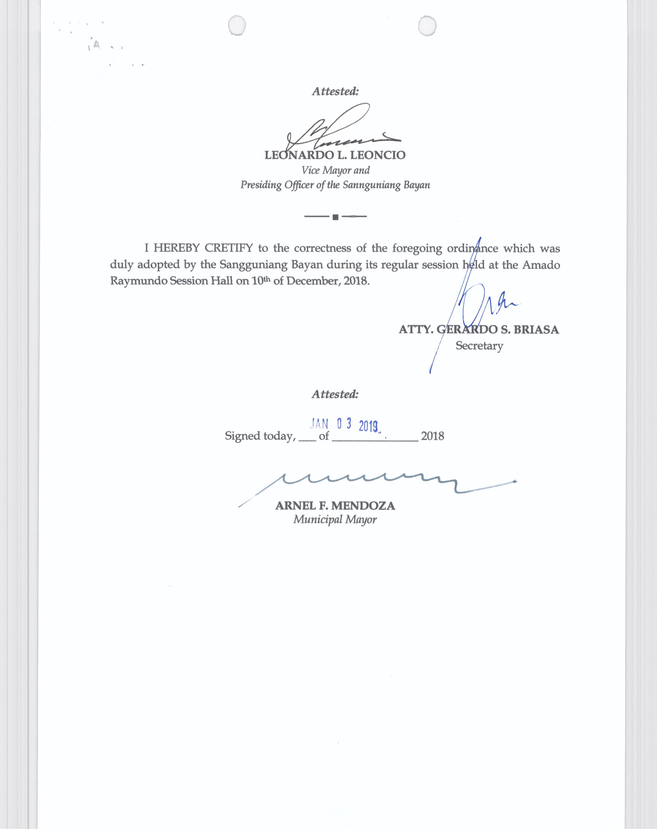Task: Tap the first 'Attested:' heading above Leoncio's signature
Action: [335, 92]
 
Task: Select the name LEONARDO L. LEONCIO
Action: [335, 155]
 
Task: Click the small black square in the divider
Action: [335, 217]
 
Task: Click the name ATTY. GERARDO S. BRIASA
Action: [479, 330]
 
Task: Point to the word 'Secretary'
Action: [479, 346]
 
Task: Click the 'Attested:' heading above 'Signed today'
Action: [335, 394]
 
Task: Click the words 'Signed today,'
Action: [260, 436]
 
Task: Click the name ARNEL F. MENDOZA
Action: [335, 506]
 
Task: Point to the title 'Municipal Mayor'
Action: [335, 520]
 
